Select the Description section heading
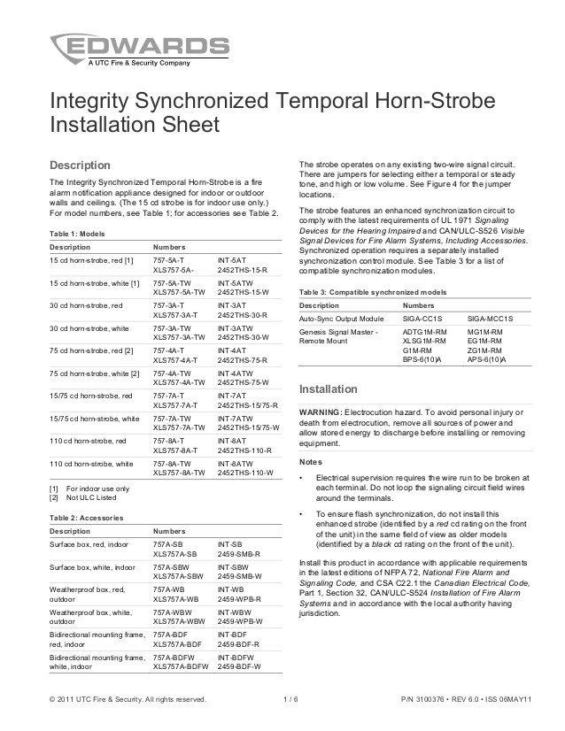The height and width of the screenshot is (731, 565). coord(80,165)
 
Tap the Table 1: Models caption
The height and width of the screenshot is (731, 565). coord(78,232)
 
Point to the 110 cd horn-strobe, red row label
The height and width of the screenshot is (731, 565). coord(88,441)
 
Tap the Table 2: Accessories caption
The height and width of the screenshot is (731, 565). coord(87,517)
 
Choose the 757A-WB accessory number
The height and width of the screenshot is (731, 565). coord(168,589)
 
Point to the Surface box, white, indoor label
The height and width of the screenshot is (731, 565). coord(92,566)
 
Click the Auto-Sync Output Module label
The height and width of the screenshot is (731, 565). coord(342,317)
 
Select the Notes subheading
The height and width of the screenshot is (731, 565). coord(312,462)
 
